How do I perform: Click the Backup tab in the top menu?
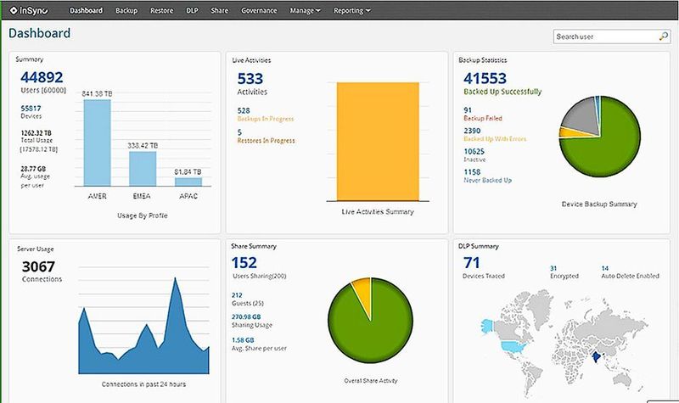(x=126, y=11)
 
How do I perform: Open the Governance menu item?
(x=258, y=11)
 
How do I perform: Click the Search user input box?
(x=604, y=36)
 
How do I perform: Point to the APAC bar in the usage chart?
(x=188, y=182)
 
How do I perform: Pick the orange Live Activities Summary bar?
(x=378, y=140)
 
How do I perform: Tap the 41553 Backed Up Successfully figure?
(x=486, y=78)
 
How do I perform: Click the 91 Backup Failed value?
(x=469, y=109)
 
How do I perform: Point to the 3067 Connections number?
(x=39, y=266)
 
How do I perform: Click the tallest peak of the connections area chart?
(x=176, y=282)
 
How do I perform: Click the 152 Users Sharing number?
(x=244, y=263)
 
